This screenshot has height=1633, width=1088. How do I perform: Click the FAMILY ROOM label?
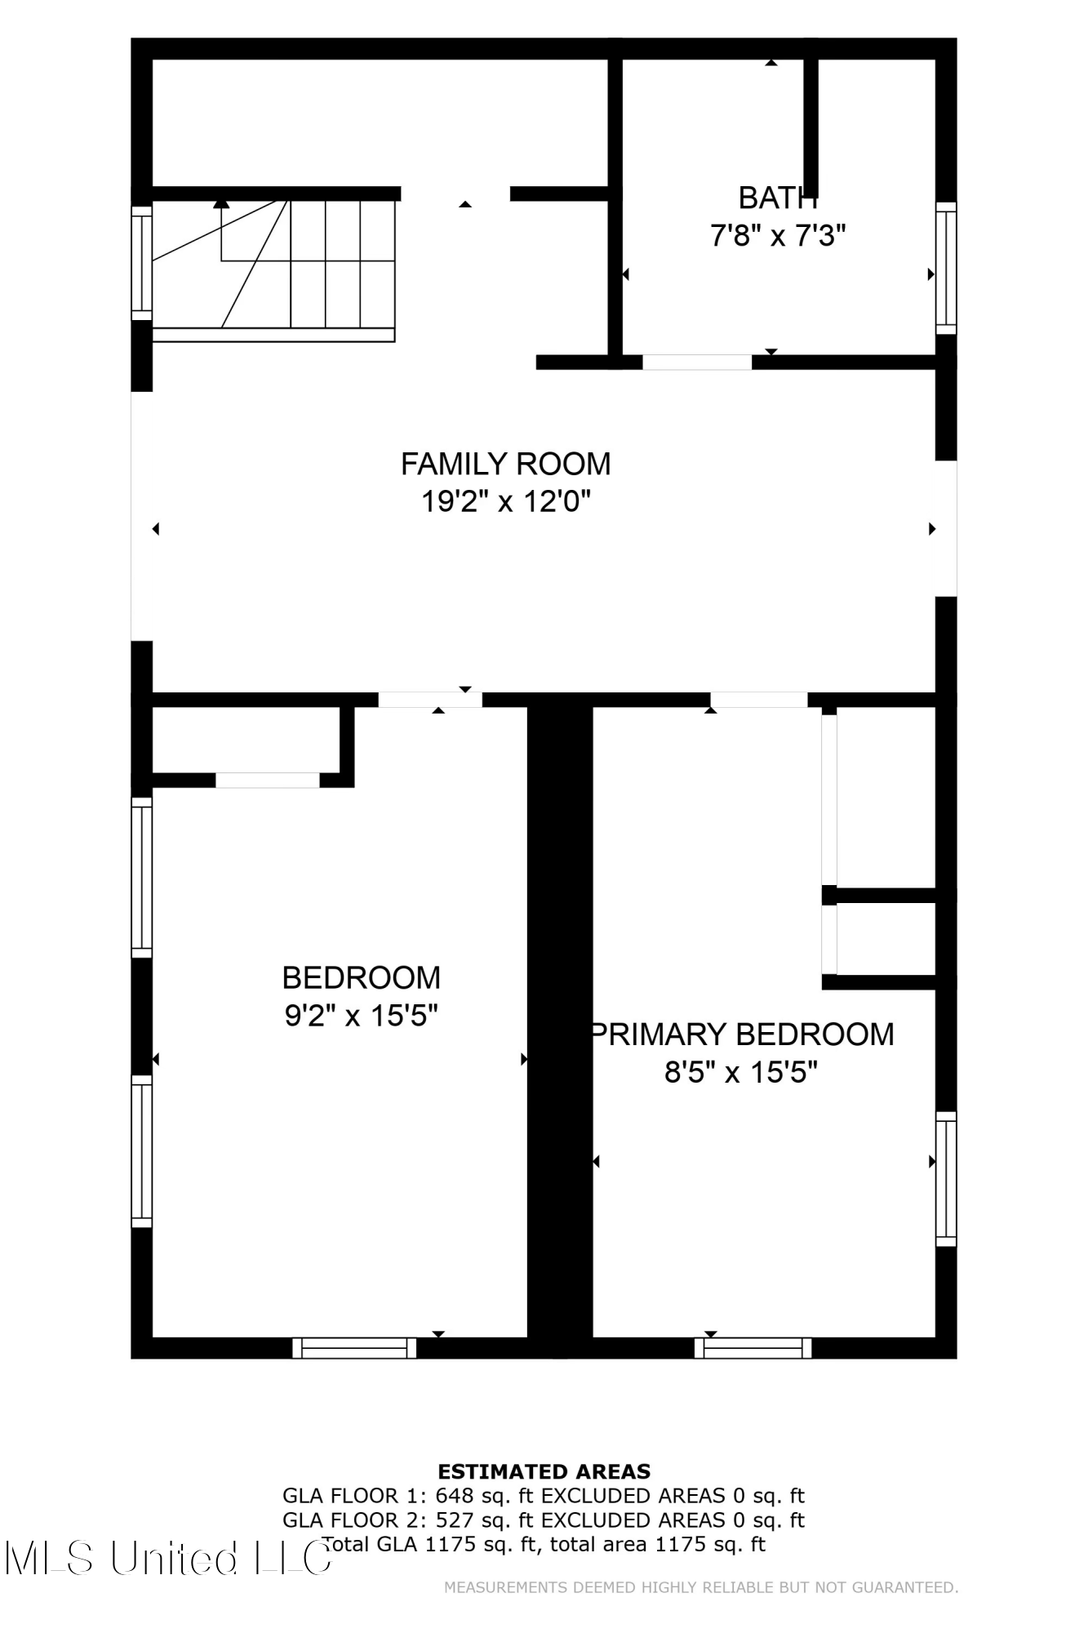(x=505, y=464)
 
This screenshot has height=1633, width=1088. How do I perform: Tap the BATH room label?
(x=777, y=198)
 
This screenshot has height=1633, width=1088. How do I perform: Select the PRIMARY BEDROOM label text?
(x=742, y=1034)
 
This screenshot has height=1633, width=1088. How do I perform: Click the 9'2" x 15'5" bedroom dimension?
(x=361, y=1016)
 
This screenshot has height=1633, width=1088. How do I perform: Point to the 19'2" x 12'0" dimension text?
(x=505, y=501)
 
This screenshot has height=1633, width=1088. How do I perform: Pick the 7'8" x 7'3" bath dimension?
(x=777, y=236)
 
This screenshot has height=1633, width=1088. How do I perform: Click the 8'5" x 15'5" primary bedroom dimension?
(x=740, y=1071)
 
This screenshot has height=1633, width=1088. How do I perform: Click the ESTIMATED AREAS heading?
(x=544, y=1471)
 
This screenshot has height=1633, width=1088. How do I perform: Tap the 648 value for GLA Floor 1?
(x=454, y=1496)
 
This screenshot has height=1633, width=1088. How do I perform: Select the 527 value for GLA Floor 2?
(x=454, y=1520)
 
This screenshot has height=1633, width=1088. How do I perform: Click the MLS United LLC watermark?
(x=167, y=1558)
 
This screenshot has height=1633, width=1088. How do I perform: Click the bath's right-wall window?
(x=946, y=268)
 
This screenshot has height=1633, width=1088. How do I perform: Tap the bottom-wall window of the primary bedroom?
(x=753, y=1348)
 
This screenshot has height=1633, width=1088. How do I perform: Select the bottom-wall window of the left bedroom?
(x=354, y=1348)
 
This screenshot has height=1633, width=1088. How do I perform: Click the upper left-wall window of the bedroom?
(x=142, y=877)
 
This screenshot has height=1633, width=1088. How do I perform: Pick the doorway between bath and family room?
(x=697, y=363)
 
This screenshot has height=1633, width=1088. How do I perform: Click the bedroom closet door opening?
(x=267, y=781)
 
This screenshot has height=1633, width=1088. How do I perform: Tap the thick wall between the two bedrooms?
(x=560, y=1021)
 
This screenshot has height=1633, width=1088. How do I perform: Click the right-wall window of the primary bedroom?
(x=946, y=1178)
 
